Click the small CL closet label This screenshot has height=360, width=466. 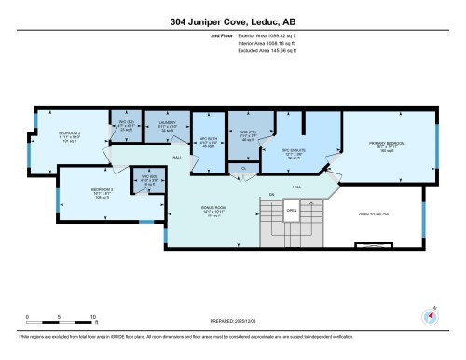click(x=244, y=168)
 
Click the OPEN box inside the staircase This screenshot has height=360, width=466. click(x=291, y=211)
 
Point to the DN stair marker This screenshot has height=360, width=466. click(x=272, y=195)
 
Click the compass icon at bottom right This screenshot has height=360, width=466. click(x=430, y=316)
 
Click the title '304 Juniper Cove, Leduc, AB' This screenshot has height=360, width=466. click(x=232, y=21)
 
